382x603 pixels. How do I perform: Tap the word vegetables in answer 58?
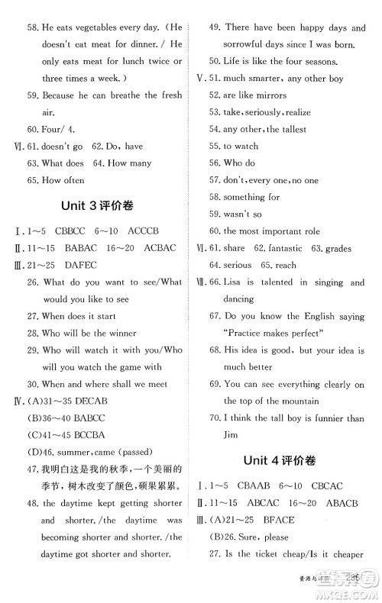click(x=104, y=27)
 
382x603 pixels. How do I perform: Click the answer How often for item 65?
click(x=63, y=180)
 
